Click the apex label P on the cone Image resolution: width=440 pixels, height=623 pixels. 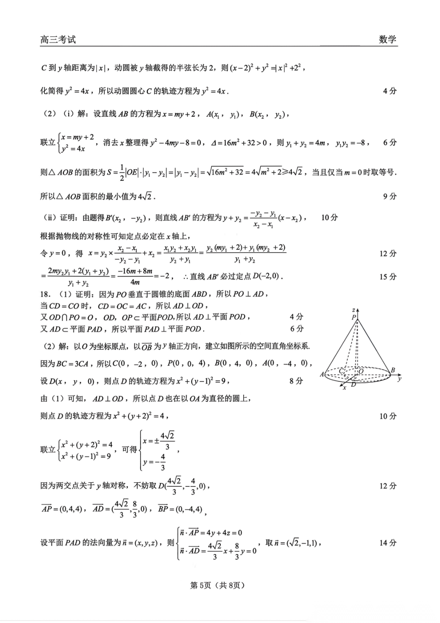click(354, 317)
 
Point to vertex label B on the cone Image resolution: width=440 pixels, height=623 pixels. click(393, 370)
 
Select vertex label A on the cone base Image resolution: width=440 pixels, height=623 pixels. click(322, 374)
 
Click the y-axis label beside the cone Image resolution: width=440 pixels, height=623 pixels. click(400, 379)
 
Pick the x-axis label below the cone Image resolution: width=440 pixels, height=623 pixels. click(344, 388)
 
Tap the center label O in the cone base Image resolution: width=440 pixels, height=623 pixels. click(361, 371)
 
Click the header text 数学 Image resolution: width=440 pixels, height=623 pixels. click(387, 40)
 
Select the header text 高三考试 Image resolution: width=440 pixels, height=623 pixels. click(58, 40)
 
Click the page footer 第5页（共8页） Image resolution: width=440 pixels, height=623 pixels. click(218, 585)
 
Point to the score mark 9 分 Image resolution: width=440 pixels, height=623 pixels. click(389, 196)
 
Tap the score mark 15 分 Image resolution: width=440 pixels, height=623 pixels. click(388, 277)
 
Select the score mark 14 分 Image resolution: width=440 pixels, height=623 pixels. click(388, 543)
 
